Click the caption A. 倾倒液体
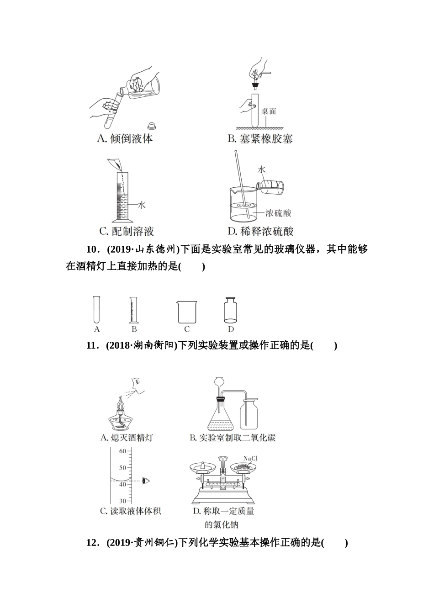pos(125,138)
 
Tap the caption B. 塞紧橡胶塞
pos(260,138)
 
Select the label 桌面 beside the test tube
pos(269,111)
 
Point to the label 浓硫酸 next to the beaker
pos(278,213)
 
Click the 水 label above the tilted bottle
pos(262,170)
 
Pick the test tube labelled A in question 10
pos(96,310)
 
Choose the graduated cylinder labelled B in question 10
pos(134,310)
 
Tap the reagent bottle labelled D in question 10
pos(231,310)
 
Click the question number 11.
pos(92,346)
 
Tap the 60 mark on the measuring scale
pos(122,451)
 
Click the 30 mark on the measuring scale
pos(122,501)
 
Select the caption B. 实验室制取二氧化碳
pos(233,438)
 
